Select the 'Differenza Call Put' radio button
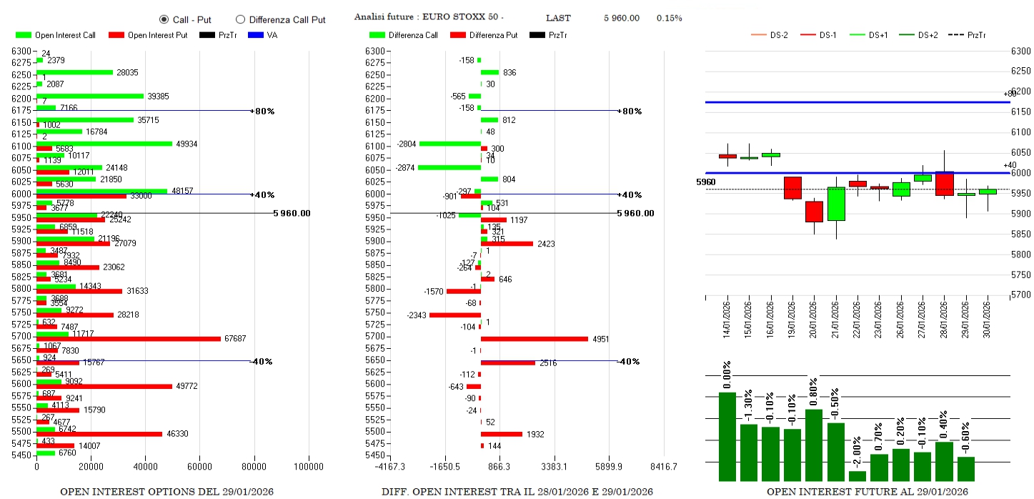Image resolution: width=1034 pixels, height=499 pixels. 240,20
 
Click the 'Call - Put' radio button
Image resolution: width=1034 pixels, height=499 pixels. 164,20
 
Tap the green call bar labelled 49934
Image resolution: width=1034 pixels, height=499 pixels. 104,144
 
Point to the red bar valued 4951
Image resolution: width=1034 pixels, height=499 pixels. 534,339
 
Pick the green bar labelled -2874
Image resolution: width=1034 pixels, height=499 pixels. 449,167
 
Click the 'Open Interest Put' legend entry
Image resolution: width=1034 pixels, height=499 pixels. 148,35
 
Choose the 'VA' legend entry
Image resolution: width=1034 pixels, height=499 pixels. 265,35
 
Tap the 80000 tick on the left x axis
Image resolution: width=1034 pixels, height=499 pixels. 254,466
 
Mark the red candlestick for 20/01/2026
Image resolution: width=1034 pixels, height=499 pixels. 814,212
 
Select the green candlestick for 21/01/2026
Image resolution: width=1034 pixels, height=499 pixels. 836,204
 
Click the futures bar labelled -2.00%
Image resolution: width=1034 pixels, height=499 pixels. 857,475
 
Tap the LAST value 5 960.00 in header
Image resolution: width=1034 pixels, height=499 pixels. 621,18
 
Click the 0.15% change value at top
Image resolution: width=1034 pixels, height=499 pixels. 670,18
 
